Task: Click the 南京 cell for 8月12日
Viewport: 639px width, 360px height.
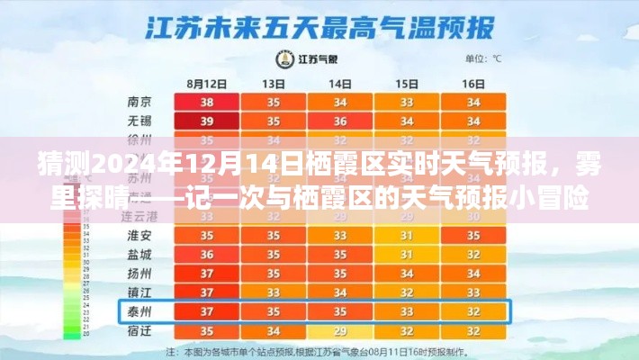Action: (207, 102)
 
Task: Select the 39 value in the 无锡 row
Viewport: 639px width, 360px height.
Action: (207, 121)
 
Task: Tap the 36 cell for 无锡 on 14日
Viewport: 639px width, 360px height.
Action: (339, 121)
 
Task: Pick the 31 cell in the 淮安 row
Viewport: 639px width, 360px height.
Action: (407, 235)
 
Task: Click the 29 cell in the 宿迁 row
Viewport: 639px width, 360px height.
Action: (339, 331)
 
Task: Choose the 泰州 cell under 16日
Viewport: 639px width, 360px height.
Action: (473, 311)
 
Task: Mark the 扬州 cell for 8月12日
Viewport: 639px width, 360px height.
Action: (207, 273)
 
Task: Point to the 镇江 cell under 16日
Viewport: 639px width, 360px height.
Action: (473, 292)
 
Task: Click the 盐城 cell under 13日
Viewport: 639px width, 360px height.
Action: (273, 254)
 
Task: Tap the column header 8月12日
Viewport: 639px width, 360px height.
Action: (207, 83)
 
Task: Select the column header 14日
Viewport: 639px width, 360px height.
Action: (339, 83)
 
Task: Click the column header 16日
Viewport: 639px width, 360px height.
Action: (473, 83)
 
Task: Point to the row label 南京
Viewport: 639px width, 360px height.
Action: (139, 102)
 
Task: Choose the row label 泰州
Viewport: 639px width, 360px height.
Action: (139, 311)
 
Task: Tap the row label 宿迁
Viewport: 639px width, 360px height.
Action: (139, 331)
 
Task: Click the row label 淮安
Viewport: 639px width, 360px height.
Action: (139, 235)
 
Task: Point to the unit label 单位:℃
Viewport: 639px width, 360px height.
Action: (484, 58)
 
